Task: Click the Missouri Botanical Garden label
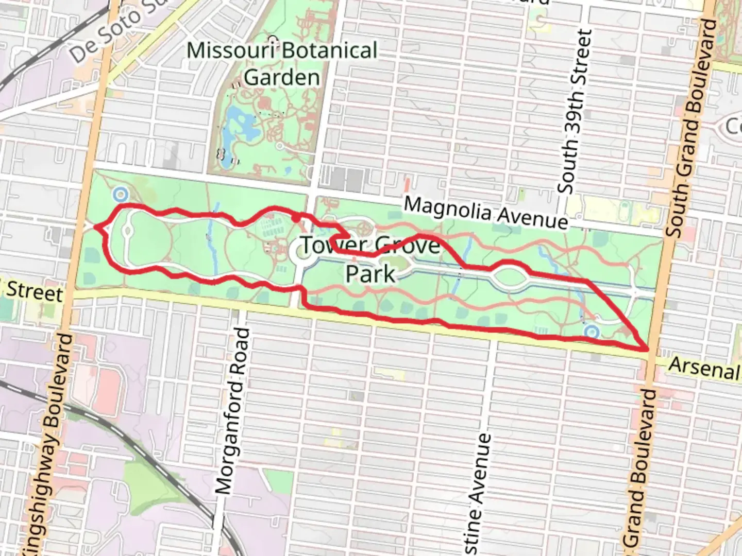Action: (282, 64)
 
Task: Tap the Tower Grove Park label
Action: (370, 259)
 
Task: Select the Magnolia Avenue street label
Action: (485, 212)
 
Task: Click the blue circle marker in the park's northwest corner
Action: (121, 195)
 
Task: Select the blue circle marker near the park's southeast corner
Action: (592, 332)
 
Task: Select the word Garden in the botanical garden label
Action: (282, 78)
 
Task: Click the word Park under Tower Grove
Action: (370, 273)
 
